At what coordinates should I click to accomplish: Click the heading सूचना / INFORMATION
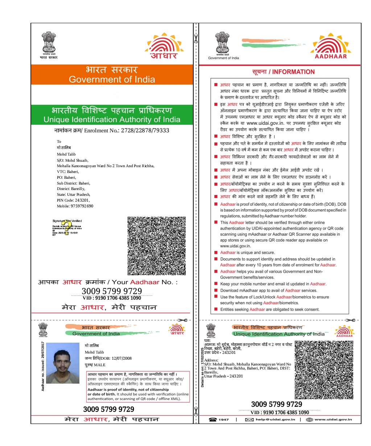click(x=283, y=72)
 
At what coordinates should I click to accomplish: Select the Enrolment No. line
click(x=112, y=131)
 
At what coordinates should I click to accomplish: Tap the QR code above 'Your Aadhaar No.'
click(x=157, y=246)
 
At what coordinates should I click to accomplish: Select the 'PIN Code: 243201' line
click(x=73, y=200)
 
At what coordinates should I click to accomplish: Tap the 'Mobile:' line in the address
click(x=75, y=206)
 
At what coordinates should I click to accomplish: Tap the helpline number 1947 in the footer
click(x=224, y=420)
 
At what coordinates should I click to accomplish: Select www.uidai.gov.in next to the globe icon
click(x=333, y=420)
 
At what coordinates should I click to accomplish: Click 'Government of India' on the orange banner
click(x=112, y=79)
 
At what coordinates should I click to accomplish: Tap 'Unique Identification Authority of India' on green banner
click(x=112, y=120)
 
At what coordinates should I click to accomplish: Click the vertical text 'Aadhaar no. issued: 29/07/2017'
click(x=43, y=366)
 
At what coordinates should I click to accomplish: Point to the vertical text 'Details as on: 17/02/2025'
click(x=202, y=367)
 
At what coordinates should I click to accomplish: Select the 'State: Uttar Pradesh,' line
click(x=73, y=194)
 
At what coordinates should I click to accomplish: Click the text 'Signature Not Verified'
click(x=67, y=221)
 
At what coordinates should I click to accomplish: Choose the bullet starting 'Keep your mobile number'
click(x=273, y=284)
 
